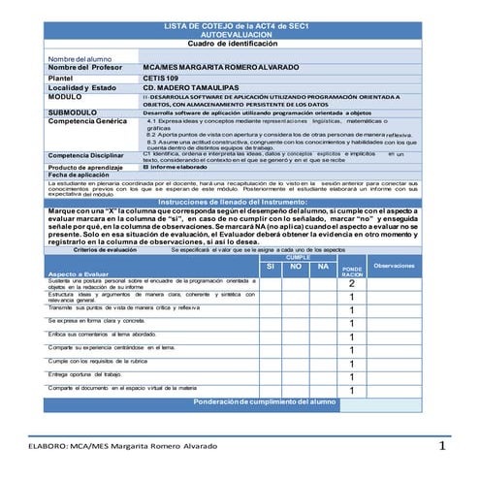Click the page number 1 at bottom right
[440, 446]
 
